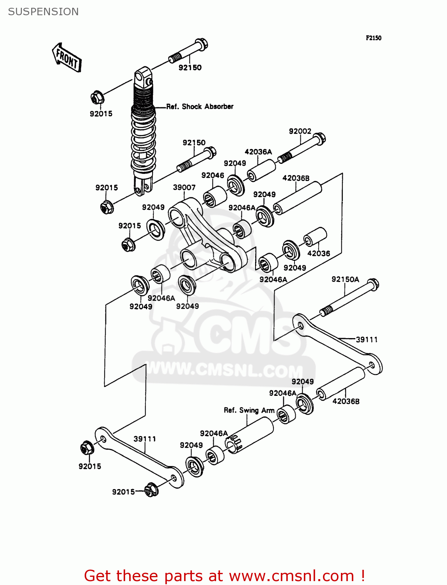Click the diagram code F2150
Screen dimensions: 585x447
pyautogui.click(x=373, y=38)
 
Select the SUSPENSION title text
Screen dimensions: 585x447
pyautogui.click(x=43, y=12)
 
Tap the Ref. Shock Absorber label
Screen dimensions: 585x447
pyautogui.click(x=200, y=106)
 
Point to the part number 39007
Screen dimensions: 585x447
pyautogui.click(x=184, y=188)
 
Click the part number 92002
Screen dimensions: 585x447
pyautogui.click(x=300, y=131)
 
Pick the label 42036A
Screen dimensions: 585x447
pyautogui.click(x=258, y=152)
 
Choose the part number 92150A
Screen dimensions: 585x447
pyautogui.click(x=345, y=279)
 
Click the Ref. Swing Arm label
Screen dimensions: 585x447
pyautogui.click(x=249, y=410)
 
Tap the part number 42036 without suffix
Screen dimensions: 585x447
pyautogui.click(x=319, y=253)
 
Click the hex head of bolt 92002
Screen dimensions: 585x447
pyautogui.click(x=319, y=138)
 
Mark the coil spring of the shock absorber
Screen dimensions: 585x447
pyautogui.click(x=144, y=136)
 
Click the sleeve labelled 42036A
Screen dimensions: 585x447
pyautogui.click(x=261, y=170)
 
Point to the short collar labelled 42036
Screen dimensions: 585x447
pyautogui.click(x=315, y=237)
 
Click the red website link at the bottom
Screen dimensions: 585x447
pyautogui.click(x=224, y=576)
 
